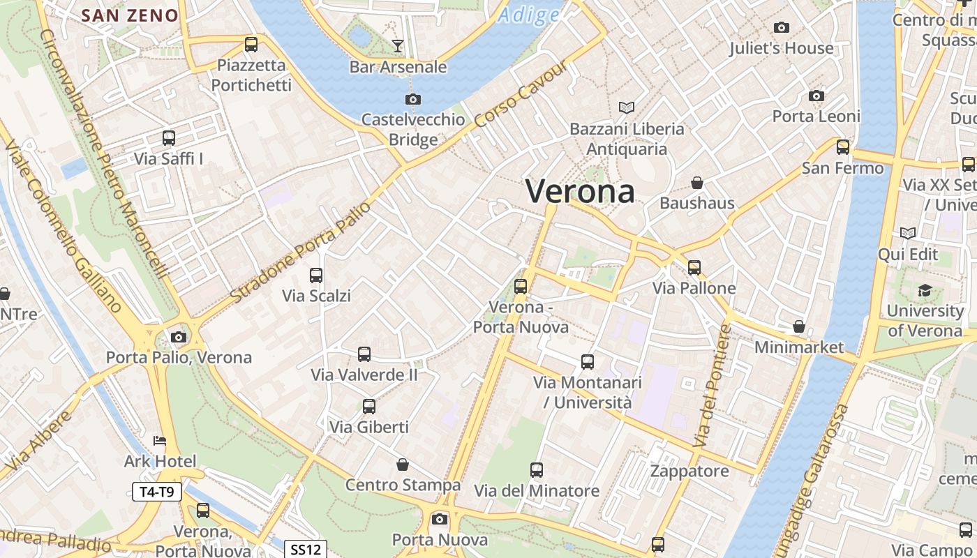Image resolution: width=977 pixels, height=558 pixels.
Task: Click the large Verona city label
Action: coord(580,191)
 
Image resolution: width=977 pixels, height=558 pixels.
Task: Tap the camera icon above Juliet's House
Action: coord(782,28)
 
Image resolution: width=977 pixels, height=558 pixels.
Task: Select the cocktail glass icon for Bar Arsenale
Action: coord(398,46)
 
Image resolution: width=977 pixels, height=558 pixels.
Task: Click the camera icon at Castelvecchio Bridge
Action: coord(413,99)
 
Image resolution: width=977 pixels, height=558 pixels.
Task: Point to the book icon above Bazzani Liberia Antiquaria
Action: coord(627,107)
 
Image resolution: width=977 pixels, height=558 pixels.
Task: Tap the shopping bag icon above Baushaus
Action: coord(696,183)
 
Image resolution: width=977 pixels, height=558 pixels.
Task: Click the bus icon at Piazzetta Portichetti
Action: coord(251,45)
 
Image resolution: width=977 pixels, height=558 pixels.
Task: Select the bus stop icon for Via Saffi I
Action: coord(169,138)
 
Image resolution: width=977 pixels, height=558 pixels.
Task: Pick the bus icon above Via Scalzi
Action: coord(316,276)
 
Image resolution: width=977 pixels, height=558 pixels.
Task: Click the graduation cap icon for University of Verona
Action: coord(925,290)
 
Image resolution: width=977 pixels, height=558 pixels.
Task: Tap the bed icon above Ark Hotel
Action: coord(160,441)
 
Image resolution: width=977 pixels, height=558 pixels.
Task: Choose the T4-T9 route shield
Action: coord(157,492)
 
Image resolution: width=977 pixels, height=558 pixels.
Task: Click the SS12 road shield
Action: coord(306,550)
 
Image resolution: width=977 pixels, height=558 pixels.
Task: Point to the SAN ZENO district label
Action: coord(130,15)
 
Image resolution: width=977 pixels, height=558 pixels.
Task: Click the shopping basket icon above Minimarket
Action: coord(799,326)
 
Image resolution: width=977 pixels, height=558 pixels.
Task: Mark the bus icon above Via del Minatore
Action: coord(536,470)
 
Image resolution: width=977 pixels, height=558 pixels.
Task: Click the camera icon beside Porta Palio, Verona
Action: coord(179,338)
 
